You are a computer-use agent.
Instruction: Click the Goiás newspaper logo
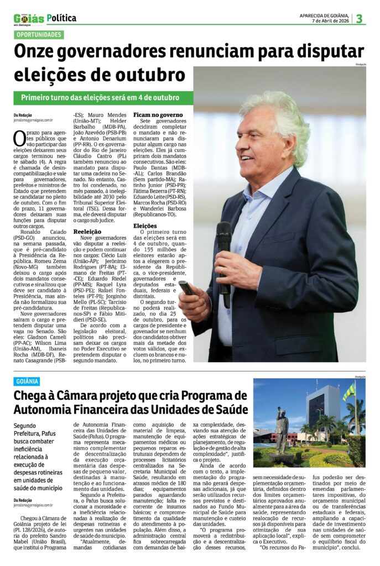tap(29, 18)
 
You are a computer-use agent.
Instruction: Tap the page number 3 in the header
tap(359, 18)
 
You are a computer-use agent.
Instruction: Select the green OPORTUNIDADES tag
tap(39, 35)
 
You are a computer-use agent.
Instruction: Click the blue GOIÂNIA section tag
tap(28, 381)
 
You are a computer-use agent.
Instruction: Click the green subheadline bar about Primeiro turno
tap(103, 98)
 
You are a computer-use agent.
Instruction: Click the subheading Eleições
tap(145, 226)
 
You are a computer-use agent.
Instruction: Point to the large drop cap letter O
tap(20, 138)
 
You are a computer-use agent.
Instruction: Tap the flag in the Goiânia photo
tap(348, 392)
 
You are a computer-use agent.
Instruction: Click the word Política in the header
tap(61, 18)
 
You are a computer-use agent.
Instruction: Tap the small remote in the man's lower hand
tap(186, 287)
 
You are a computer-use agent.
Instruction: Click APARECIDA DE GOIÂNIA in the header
tap(324, 15)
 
